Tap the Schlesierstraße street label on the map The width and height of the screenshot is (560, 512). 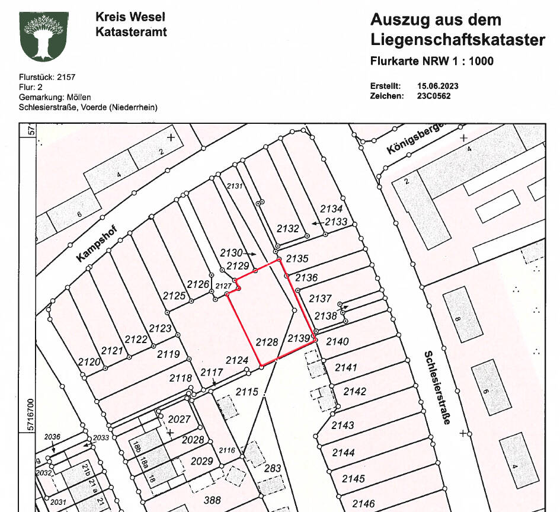click(x=438, y=388)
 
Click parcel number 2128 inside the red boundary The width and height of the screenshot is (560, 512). click(x=267, y=342)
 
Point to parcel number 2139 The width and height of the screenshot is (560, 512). click(x=299, y=338)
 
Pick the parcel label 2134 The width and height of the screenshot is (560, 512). click(x=331, y=209)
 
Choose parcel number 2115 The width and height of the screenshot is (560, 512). click(x=247, y=392)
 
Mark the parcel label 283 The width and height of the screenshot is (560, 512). click(x=273, y=469)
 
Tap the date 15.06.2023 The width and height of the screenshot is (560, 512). click(x=438, y=86)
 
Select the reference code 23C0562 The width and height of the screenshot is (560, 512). click(x=434, y=95)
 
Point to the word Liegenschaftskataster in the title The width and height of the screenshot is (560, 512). click(x=457, y=40)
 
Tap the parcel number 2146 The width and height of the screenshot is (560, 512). click(x=363, y=504)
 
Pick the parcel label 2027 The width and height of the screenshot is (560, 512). click(x=179, y=419)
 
